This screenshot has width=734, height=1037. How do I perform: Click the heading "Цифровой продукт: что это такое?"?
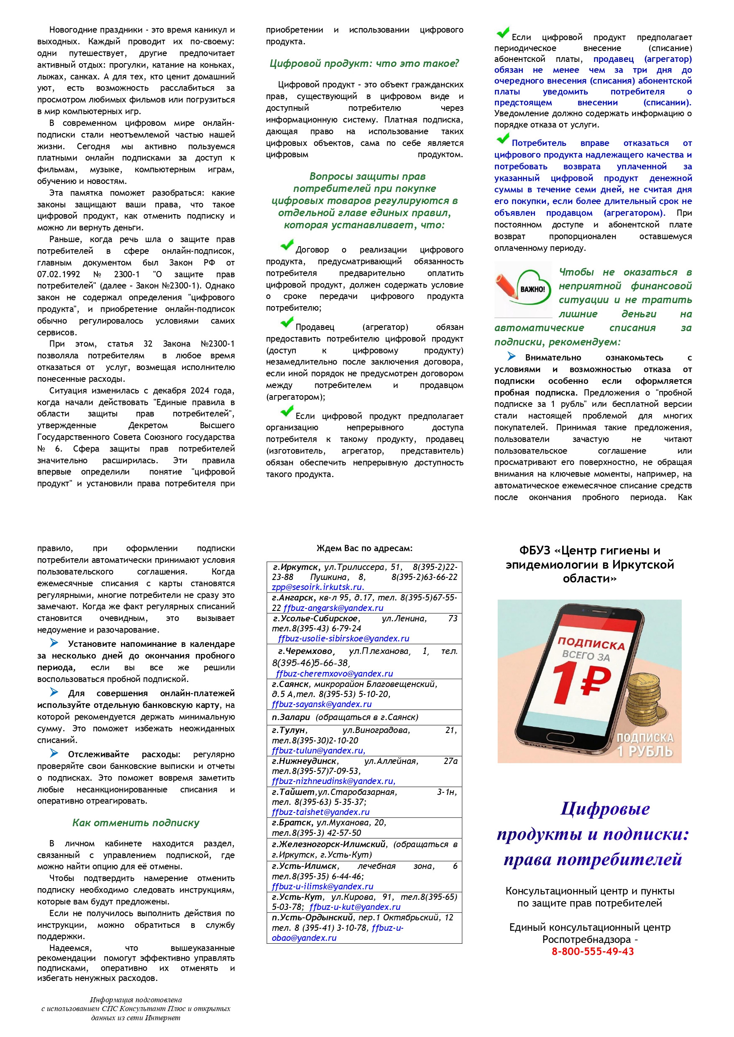pyautogui.click(x=364, y=64)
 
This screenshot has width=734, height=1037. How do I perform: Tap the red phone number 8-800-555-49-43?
pyautogui.click(x=592, y=951)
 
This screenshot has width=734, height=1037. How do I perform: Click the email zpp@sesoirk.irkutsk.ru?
pyautogui.click(x=317, y=587)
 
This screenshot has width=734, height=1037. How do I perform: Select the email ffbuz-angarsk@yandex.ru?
pyautogui.click(x=334, y=608)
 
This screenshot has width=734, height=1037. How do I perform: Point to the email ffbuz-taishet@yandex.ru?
pyautogui.click(x=320, y=812)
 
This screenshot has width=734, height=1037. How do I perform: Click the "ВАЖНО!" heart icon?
pyautogui.click(x=533, y=289)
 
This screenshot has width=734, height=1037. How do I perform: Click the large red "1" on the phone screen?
pyautogui.click(x=565, y=683)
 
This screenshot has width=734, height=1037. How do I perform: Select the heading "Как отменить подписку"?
pyautogui.click(x=136, y=823)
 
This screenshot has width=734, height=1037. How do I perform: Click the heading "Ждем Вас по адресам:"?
pyautogui.click(x=364, y=548)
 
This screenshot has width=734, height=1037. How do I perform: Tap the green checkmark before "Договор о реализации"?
pyautogui.click(x=286, y=245)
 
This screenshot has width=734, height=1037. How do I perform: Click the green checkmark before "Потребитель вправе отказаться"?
pyautogui.click(x=503, y=138)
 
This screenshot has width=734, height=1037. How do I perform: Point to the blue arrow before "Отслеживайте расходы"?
pyautogui.click(x=54, y=753)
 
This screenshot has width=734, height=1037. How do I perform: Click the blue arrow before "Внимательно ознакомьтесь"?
pyautogui.click(x=511, y=356)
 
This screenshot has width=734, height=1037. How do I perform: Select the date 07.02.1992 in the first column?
pyautogui.click(x=59, y=274)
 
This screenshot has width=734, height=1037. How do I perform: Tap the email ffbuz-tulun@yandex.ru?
pyautogui.click(x=318, y=750)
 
